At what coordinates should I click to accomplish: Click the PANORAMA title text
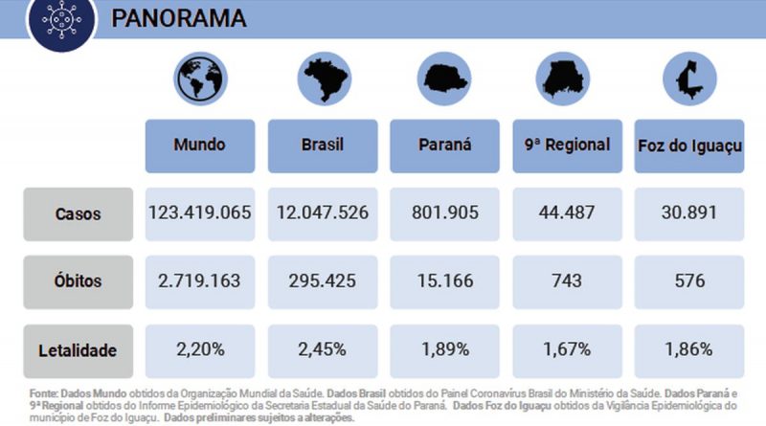point(179,19)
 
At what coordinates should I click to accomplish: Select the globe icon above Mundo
point(200,79)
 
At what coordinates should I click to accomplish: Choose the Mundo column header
point(200,146)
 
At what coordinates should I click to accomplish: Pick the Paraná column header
point(444,146)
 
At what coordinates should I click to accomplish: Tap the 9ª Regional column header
point(567,146)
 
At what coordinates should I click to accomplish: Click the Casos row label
point(79,213)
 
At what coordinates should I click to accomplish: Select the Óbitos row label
point(79,281)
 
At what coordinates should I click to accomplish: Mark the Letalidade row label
point(79,350)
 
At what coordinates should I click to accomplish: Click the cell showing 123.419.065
point(200,213)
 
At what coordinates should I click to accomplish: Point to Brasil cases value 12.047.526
point(322,213)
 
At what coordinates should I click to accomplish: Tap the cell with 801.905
point(444,213)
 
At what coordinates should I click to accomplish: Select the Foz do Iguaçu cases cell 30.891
point(688,213)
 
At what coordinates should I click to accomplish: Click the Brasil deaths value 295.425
point(322,281)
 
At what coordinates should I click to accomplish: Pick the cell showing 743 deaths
point(567,281)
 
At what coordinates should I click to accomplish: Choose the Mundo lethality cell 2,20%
point(200,350)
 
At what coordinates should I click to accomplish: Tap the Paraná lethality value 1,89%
point(444,350)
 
